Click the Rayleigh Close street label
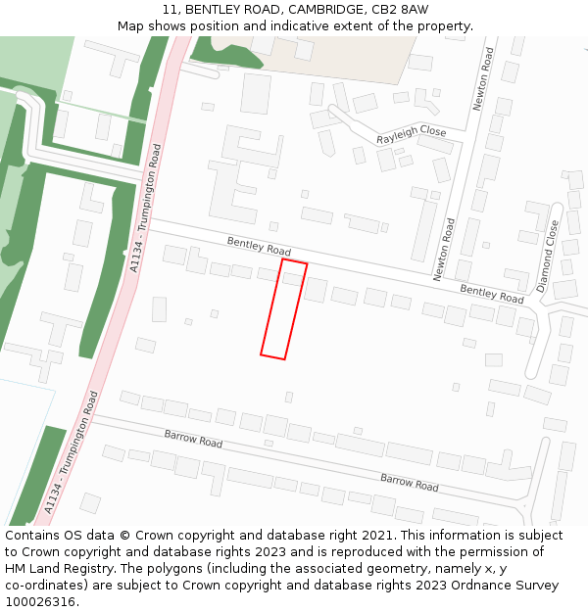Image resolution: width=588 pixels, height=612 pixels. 412,135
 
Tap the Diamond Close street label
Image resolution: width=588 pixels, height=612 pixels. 548,257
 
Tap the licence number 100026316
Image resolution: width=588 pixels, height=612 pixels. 38,601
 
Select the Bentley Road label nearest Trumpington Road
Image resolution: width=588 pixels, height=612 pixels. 259,246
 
